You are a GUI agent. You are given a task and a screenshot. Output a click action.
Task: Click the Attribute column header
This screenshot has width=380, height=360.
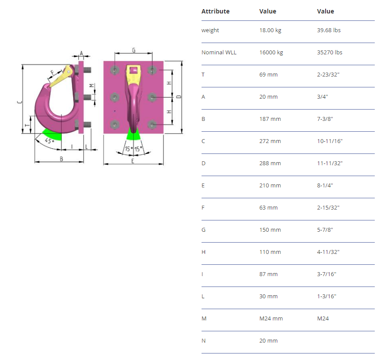coord(215,11)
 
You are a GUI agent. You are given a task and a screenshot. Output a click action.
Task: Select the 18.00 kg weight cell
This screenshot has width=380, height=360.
coord(270,30)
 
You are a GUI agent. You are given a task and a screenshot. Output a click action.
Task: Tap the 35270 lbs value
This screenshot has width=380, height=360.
coord(330,53)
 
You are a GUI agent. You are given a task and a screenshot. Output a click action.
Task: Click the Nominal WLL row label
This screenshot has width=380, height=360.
coord(219,53)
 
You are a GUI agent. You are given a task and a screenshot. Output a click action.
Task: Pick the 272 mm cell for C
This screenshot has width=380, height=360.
coord(270,141)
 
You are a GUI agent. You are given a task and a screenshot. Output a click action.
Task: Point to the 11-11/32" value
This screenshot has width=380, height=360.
coord(330,163)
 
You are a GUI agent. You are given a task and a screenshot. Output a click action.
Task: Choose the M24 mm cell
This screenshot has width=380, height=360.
coord(271,319)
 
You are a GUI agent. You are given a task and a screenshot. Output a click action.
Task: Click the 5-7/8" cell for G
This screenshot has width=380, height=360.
coord(325,230)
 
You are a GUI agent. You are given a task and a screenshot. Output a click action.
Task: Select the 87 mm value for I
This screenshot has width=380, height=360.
coord(268,274)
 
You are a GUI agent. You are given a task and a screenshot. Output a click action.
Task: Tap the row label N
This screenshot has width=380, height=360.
coord(204,341)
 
